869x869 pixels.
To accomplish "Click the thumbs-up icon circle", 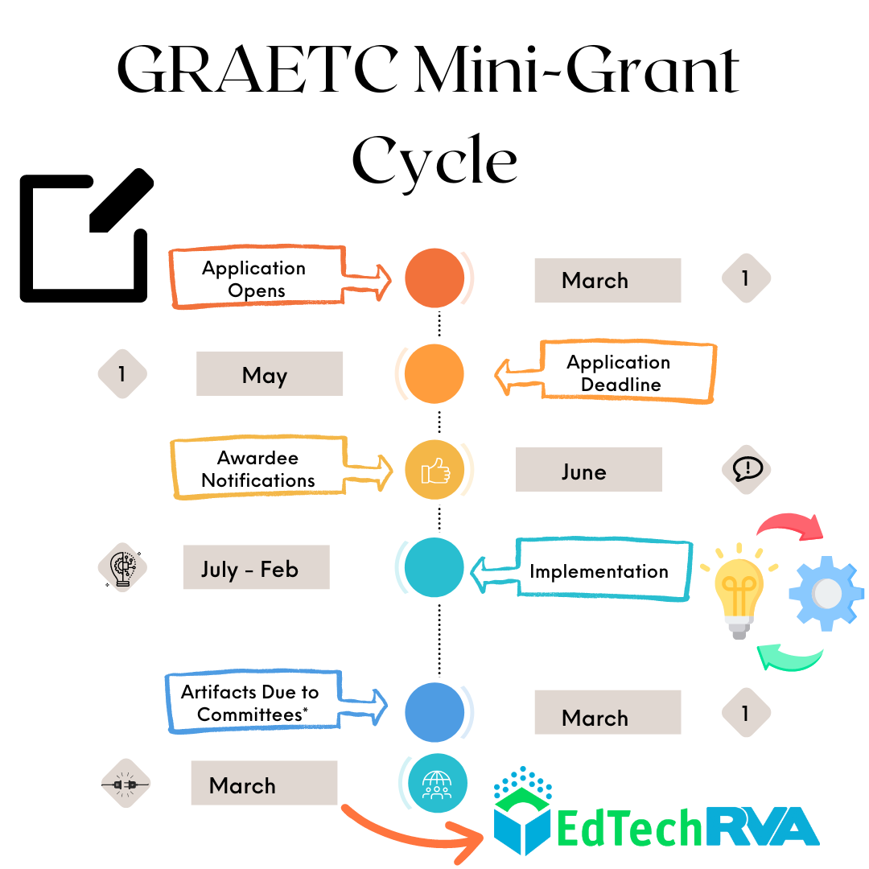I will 434,470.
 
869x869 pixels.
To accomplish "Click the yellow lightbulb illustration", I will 739,594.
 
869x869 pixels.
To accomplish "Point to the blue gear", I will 826,594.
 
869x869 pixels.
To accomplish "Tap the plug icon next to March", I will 126,783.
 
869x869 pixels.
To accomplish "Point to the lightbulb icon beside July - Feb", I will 122,567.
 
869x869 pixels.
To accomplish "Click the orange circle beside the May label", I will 434,374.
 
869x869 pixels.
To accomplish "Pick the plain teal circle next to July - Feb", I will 434,567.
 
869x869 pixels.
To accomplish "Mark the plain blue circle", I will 434,712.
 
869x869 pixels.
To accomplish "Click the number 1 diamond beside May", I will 122,374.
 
